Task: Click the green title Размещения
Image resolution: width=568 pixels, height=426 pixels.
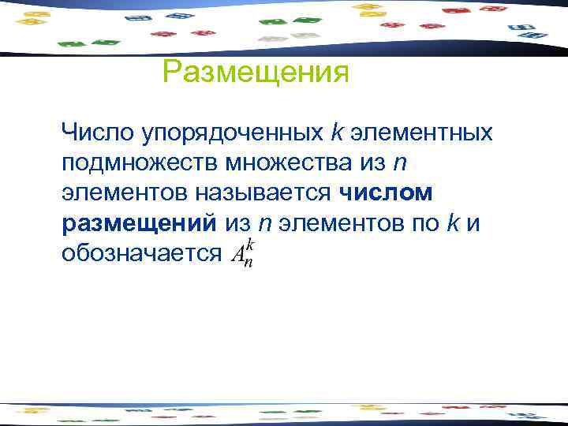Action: click(255, 73)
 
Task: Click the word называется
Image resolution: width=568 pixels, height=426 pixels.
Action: click(267, 192)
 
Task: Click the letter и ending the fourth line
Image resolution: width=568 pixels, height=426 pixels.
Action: click(473, 222)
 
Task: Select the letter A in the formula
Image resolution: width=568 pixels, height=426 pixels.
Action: click(237, 254)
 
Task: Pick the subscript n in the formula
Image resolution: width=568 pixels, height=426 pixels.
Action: click(248, 262)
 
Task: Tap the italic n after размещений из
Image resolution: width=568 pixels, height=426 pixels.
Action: click(265, 223)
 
